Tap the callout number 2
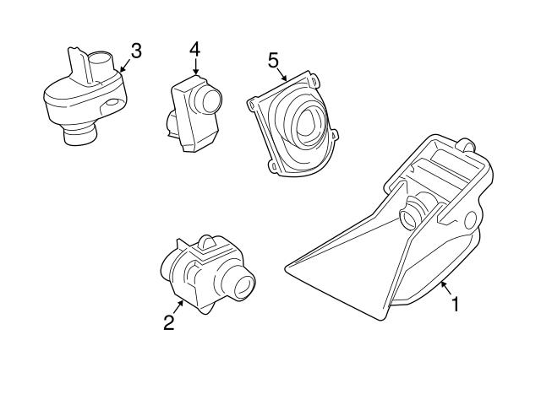point(169,321)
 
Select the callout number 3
point(135,51)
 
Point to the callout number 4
point(195,49)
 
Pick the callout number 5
point(273,60)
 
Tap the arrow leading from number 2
point(178,305)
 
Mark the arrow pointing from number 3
point(124,64)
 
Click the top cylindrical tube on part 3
point(102,62)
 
